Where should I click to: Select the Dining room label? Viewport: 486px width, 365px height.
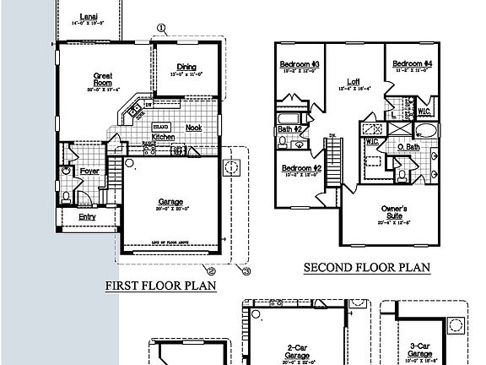click(x=187, y=68)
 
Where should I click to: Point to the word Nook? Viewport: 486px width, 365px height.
click(x=193, y=128)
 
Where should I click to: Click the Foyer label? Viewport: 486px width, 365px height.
click(x=89, y=172)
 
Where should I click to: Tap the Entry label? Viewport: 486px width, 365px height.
click(x=87, y=216)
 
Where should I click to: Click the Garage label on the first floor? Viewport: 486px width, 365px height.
click(x=171, y=202)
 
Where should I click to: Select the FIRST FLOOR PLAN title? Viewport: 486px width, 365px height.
click(x=160, y=286)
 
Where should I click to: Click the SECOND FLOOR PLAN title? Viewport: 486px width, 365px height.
click(x=367, y=269)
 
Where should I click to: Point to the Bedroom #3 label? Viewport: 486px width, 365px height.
click(x=299, y=65)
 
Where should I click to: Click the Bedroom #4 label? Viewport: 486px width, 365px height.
click(x=413, y=64)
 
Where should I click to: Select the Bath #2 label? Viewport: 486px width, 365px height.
click(x=289, y=129)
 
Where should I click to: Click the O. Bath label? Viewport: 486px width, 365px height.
click(x=408, y=148)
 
